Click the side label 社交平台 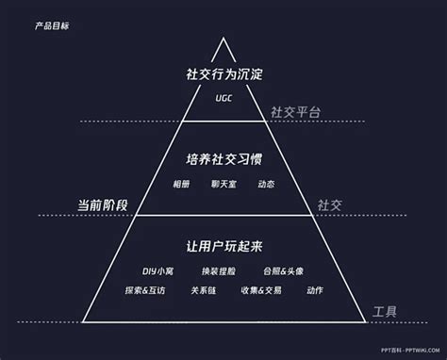click(294, 112)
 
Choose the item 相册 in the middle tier click(182, 184)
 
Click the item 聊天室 click(223, 184)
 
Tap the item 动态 click(267, 184)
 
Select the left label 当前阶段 click(102, 205)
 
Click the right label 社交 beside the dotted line click(329, 205)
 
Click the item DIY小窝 click(158, 270)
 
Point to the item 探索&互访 click(145, 290)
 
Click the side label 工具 click(385, 312)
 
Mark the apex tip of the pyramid click(223, 38)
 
